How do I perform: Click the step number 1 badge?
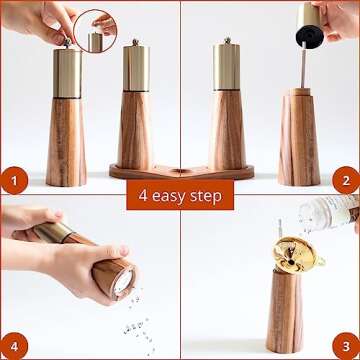(x=14, y=182)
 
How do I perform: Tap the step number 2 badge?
(x=346, y=182)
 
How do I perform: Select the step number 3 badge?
(x=346, y=345)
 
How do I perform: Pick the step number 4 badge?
(x=14, y=345)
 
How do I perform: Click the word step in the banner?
(x=213, y=193)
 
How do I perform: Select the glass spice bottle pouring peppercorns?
(x=335, y=212)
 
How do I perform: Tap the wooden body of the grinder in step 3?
(x=291, y=310)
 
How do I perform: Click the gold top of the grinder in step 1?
(x=67, y=72)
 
